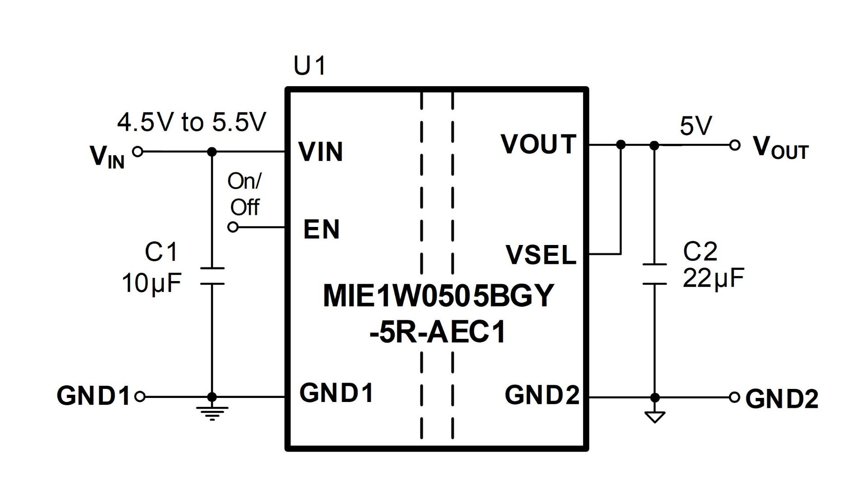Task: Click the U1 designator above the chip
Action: [x=309, y=66]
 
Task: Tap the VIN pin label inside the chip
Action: [x=321, y=152]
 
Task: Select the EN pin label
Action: [x=321, y=229]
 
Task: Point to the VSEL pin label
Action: [x=541, y=254]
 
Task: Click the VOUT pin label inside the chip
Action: [x=539, y=144]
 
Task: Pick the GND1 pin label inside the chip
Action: [x=336, y=393]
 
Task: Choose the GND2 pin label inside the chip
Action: [x=542, y=395]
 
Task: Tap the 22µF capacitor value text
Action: [x=713, y=278]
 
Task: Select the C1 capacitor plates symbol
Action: [x=212, y=276]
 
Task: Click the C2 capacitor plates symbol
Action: [x=654, y=274]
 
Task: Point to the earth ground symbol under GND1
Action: [x=212, y=413]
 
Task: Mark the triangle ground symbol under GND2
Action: [x=654, y=416]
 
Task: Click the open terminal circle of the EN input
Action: [x=233, y=227]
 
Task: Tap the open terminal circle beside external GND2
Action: [x=735, y=397]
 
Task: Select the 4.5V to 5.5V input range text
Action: [x=192, y=122]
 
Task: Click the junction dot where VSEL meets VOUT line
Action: [x=621, y=144]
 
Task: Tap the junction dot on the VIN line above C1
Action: [x=212, y=152]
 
